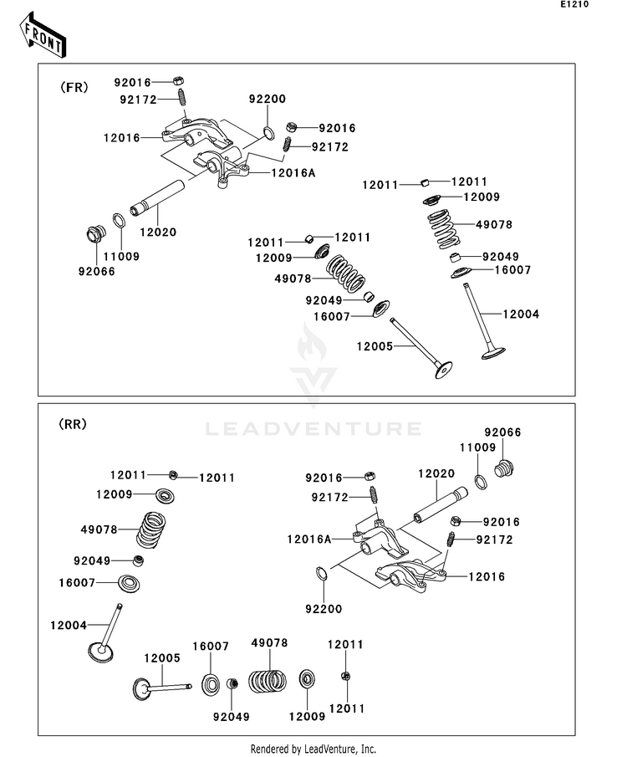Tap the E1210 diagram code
tap(599, 5)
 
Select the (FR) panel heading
tap(74, 88)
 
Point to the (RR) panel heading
tap(73, 424)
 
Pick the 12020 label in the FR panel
tap(158, 232)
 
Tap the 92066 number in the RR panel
tap(504, 432)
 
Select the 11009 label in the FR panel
tap(120, 257)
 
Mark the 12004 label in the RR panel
tap(68, 625)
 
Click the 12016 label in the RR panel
tap(486, 576)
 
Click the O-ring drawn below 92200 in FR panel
tap(269, 133)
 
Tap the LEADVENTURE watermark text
tap(313, 429)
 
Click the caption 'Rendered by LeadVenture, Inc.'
tap(313, 749)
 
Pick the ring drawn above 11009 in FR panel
tap(119, 221)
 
